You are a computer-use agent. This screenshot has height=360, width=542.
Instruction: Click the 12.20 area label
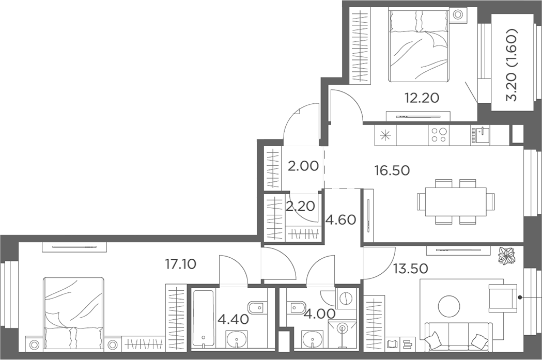(422, 98)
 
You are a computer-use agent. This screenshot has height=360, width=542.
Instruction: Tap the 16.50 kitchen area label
(392, 170)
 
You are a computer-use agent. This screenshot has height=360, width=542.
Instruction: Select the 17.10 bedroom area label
(180, 264)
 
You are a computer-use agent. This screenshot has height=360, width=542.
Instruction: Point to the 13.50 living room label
(411, 268)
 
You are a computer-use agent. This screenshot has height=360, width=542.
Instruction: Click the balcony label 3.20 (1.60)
(512, 65)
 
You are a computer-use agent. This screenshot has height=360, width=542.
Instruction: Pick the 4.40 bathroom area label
(233, 320)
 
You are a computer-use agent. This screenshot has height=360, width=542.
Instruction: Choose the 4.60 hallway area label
(341, 220)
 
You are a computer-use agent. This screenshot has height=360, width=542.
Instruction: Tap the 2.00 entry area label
(303, 166)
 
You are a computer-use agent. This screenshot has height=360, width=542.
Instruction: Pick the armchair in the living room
(502, 297)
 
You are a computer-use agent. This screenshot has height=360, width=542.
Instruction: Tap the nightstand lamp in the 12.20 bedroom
(458, 15)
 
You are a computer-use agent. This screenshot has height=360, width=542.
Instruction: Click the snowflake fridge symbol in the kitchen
(385, 135)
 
